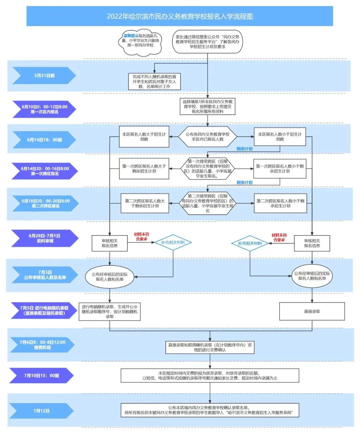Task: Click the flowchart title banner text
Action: click(x=180, y=16)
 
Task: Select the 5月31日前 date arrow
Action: click(x=44, y=76)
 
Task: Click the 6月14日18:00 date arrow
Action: click(x=44, y=140)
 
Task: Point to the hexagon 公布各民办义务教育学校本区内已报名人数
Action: click(x=207, y=137)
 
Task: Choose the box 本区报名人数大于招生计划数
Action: click(x=144, y=137)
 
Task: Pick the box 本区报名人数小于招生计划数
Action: click(x=280, y=137)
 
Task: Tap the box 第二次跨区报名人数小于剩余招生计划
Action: click(x=280, y=204)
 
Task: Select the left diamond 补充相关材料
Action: click(x=173, y=242)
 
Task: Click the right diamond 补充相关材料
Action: click(x=250, y=243)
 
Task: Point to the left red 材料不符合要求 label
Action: click(x=141, y=237)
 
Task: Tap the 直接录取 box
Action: click(x=312, y=311)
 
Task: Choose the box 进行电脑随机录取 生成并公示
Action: click(x=110, y=311)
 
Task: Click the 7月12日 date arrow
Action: click(x=41, y=411)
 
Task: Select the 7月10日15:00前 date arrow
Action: click(x=41, y=375)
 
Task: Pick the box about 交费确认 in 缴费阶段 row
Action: click(x=210, y=347)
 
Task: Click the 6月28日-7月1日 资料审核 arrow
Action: click(x=45, y=238)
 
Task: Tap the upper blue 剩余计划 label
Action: click(x=244, y=149)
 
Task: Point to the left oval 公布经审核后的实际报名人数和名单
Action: click(x=110, y=276)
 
